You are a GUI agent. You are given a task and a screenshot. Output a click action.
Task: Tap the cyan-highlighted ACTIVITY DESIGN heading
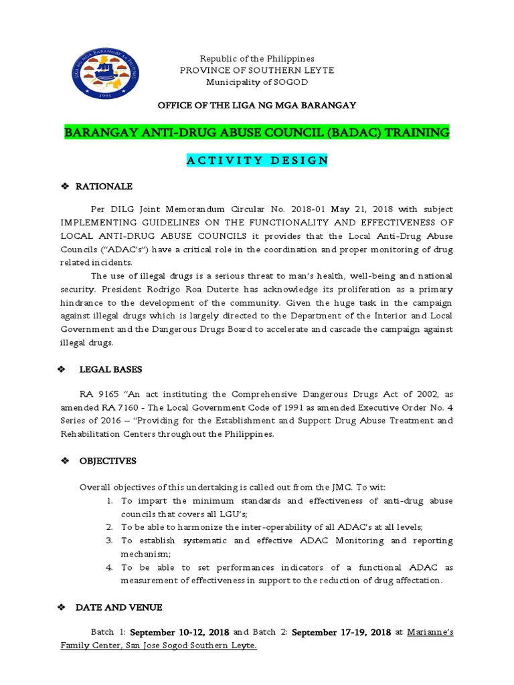(257, 160)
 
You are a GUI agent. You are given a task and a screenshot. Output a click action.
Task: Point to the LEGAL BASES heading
(110, 369)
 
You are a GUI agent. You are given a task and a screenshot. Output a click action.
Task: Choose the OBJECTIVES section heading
(108, 461)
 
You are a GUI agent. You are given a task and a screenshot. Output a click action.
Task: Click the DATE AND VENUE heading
(119, 607)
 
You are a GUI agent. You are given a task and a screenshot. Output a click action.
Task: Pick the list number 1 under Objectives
(109, 500)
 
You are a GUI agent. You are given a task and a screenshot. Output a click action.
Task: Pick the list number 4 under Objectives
(109, 567)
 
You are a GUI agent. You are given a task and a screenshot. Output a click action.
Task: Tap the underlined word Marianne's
(430, 632)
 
